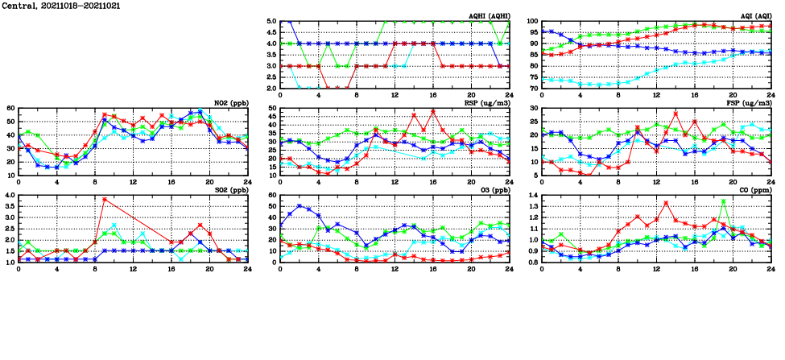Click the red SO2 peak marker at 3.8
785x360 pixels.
pyautogui.click(x=105, y=199)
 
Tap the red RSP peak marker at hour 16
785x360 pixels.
pyautogui.click(x=433, y=112)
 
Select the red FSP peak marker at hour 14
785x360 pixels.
pyautogui.click(x=676, y=114)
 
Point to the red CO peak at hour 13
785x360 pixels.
pyautogui.click(x=667, y=203)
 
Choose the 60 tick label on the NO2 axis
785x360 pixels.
pyautogui.click(x=10, y=108)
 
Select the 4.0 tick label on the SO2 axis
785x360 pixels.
pyautogui.click(x=9, y=196)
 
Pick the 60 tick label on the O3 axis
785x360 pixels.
pyautogui.click(x=272, y=196)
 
